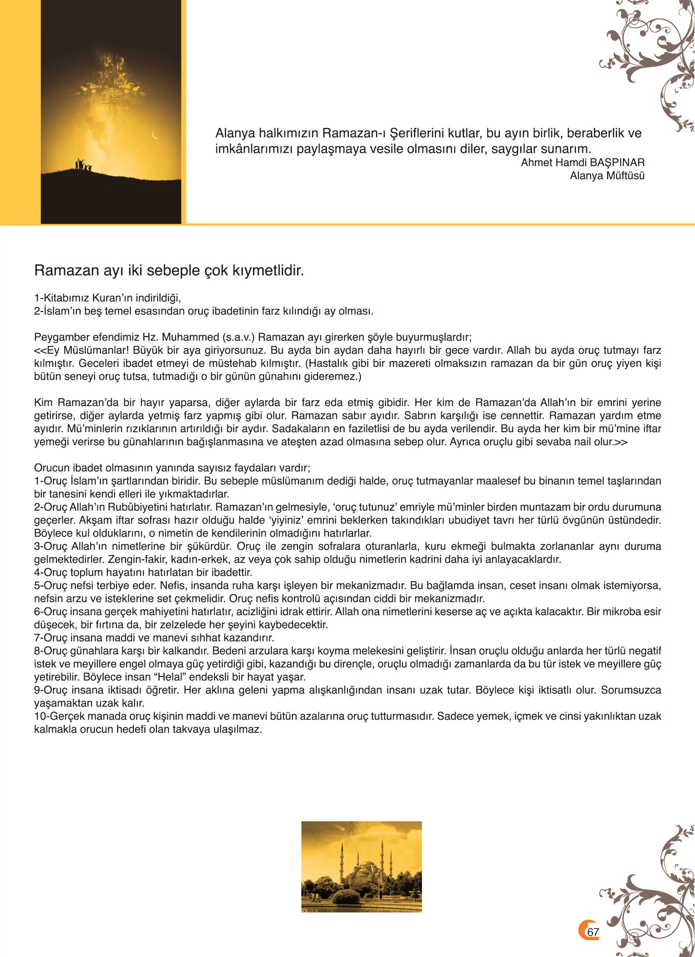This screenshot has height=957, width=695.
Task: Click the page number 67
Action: click(593, 932)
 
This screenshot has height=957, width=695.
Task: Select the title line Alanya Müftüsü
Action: click(607, 176)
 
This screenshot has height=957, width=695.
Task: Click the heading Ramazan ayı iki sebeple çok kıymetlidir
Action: click(169, 271)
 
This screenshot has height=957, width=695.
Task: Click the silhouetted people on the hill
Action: click(83, 165)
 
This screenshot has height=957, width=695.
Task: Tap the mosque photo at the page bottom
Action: click(361, 867)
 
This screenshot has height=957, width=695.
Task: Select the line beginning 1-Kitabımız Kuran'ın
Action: click(107, 298)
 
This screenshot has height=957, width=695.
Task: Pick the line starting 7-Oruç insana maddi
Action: click(154, 638)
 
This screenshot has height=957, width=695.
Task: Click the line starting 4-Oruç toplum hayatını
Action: click(143, 572)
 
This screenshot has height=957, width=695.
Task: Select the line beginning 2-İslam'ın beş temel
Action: click(203, 311)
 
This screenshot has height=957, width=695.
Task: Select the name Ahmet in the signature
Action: click(537, 163)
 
